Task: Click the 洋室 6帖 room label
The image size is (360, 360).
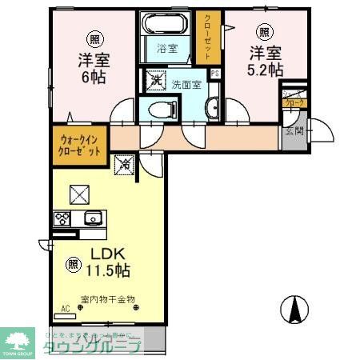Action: point(94,69)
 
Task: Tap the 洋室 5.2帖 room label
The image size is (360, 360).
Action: point(265,61)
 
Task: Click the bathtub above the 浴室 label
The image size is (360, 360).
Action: point(167,24)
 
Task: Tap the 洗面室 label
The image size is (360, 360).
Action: point(186,82)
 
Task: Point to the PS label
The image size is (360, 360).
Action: point(214,75)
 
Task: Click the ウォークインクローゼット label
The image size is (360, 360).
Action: point(79,146)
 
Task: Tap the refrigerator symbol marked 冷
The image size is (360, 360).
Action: point(126,165)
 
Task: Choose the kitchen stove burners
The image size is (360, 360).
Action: point(63,217)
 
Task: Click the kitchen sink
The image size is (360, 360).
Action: point(92,217)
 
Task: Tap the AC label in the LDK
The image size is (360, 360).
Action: point(66,306)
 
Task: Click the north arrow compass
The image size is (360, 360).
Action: point(296,307)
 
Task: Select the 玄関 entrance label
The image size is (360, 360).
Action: point(294,131)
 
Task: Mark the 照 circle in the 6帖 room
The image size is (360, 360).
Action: point(94,38)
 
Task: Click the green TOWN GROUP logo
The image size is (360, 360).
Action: point(18,342)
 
